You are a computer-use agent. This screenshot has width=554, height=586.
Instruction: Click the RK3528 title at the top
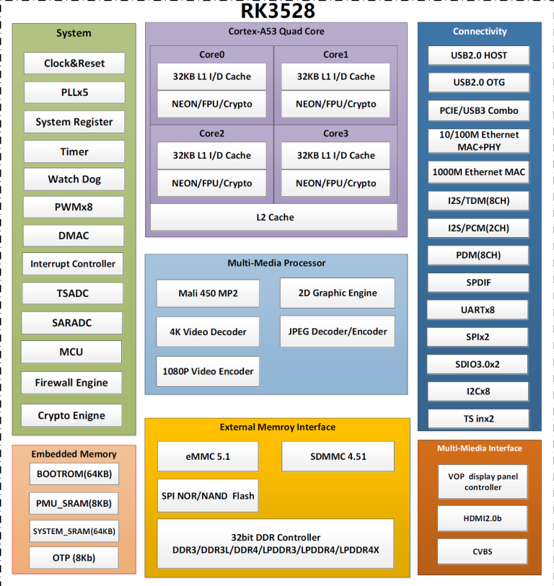(x=277, y=11)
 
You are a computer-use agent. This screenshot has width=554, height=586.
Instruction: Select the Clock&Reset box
(x=74, y=63)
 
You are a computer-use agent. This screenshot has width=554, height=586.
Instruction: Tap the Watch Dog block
(x=74, y=179)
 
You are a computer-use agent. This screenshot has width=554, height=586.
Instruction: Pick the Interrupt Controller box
(x=72, y=264)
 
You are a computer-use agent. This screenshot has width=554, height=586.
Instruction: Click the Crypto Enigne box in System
(x=71, y=416)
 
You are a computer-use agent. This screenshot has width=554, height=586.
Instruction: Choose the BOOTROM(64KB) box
(x=74, y=475)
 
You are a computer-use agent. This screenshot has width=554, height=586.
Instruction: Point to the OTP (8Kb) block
(x=73, y=558)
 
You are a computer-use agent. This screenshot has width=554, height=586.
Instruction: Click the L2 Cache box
(x=274, y=217)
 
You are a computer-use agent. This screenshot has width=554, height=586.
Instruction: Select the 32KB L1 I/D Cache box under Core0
(x=211, y=76)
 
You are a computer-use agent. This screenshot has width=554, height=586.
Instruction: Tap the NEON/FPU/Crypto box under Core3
(x=335, y=183)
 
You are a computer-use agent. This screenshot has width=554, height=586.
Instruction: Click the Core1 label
(x=335, y=55)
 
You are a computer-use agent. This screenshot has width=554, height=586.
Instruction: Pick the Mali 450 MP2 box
(x=208, y=293)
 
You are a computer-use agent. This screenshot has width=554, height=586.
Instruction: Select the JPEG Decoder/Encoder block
(x=338, y=332)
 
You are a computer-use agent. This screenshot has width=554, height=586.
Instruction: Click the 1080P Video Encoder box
(x=208, y=371)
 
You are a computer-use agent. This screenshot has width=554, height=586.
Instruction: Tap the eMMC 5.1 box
(x=208, y=456)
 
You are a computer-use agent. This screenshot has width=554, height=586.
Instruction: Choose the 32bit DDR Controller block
(x=276, y=543)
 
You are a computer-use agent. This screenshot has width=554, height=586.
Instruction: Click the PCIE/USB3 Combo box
(x=479, y=110)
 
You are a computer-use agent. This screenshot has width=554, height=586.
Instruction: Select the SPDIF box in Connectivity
(x=479, y=283)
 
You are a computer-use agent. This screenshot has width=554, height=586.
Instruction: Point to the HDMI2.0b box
(x=482, y=519)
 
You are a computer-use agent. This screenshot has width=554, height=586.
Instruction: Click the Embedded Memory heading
(x=74, y=454)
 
